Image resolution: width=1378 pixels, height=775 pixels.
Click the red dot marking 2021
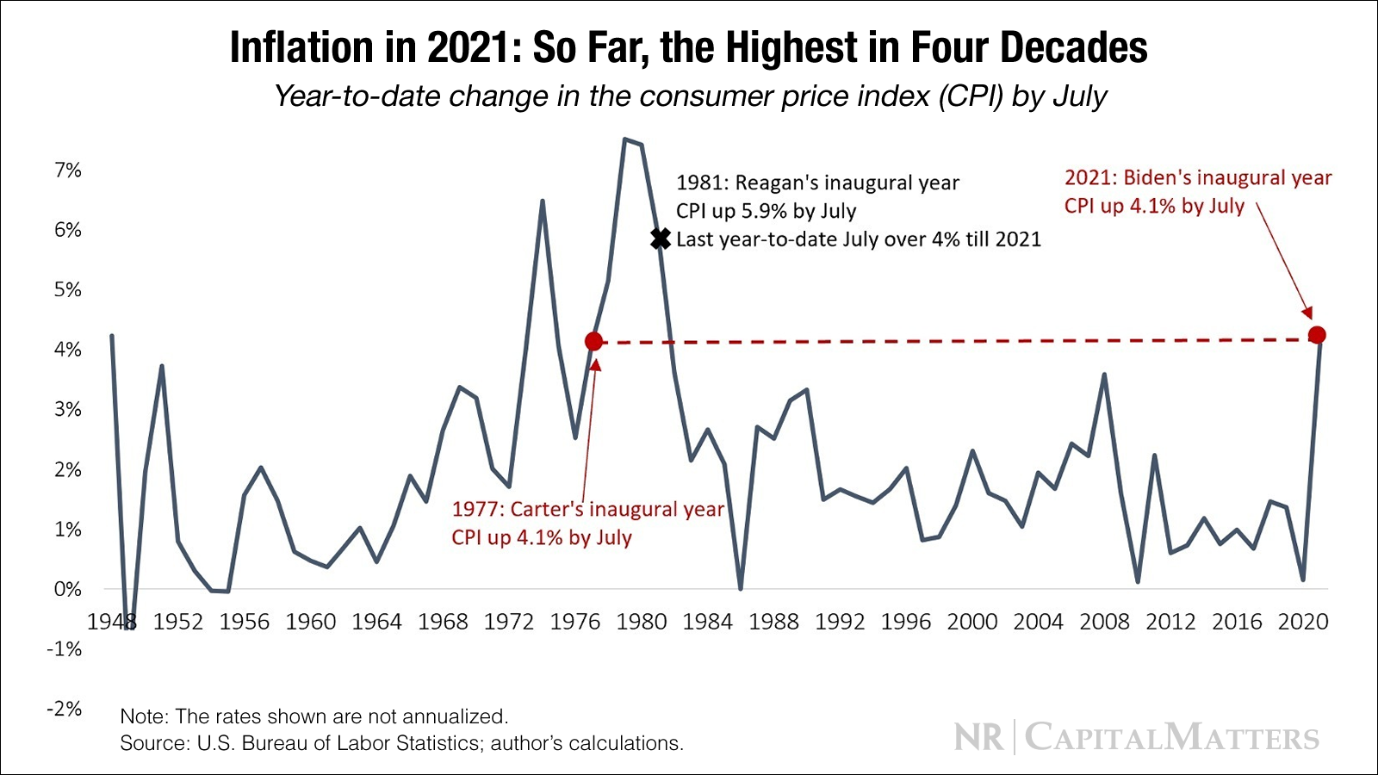(x=1316, y=335)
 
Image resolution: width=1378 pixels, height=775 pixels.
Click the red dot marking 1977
(x=593, y=342)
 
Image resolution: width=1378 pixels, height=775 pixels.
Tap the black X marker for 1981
(x=661, y=239)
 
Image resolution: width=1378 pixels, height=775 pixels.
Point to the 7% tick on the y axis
(x=67, y=170)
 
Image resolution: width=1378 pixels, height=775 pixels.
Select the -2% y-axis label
(x=65, y=709)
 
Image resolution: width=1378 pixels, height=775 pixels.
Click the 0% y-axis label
(x=67, y=590)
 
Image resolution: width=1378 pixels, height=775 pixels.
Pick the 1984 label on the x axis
(x=707, y=622)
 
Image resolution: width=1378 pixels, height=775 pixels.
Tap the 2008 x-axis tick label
(x=1104, y=622)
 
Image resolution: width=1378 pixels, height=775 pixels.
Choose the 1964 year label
(x=376, y=622)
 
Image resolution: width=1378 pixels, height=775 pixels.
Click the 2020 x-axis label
(x=1303, y=622)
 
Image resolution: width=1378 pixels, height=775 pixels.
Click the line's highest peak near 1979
(x=625, y=139)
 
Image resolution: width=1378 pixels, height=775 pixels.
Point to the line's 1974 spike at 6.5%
(x=542, y=201)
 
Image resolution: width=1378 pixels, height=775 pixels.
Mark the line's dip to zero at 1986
(x=741, y=588)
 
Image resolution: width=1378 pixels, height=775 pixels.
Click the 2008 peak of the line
(x=1104, y=375)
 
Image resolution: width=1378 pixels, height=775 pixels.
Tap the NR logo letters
(x=979, y=738)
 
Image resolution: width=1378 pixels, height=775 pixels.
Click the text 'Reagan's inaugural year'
(x=847, y=183)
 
